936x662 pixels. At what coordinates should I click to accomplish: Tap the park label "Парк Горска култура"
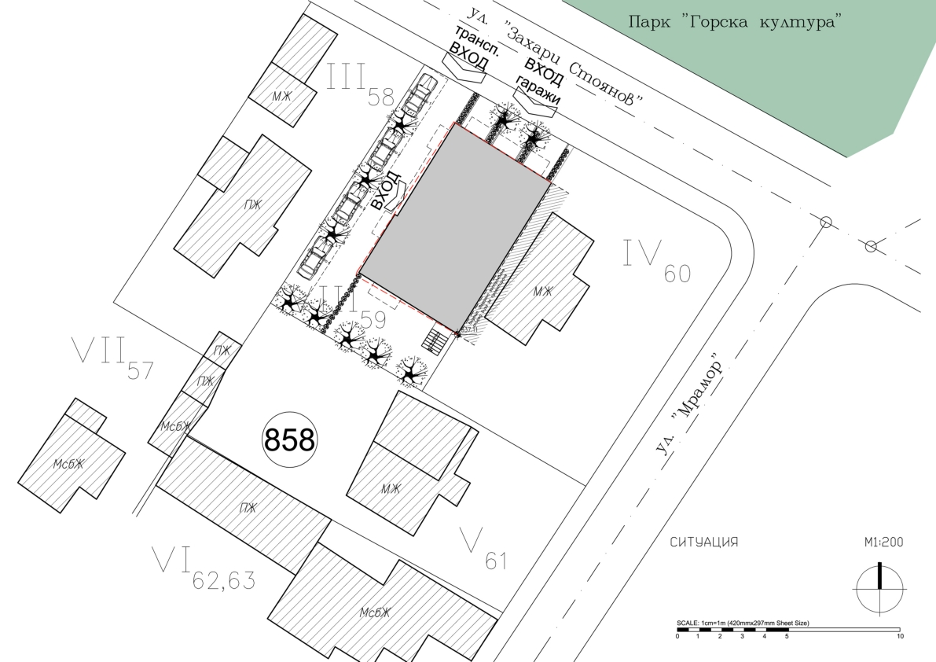coord(735,23)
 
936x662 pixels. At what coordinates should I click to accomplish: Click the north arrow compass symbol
coord(880,588)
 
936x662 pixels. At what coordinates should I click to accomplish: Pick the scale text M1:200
coord(883,542)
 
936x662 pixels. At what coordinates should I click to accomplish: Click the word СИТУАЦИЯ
coord(704,542)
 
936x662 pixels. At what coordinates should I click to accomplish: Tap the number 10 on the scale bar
coord(900,636)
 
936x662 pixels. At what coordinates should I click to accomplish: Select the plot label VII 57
coord(112,358)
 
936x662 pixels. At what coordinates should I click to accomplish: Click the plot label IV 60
coord(657,260)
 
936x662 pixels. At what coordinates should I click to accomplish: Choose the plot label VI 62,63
coord(204,568)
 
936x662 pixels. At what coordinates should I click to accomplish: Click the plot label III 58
coord(360,86)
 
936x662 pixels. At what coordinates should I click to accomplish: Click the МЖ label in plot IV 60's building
coord(542,292)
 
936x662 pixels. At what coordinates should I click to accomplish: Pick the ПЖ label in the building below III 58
coord(252,204)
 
